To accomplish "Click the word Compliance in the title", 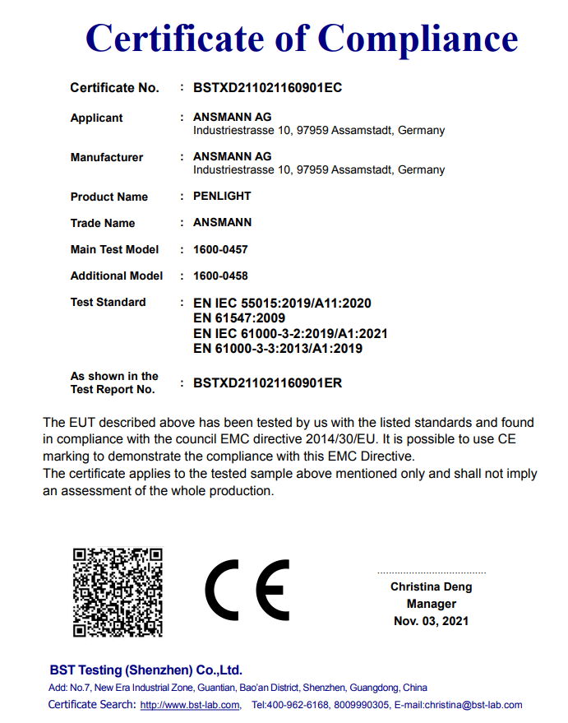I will point(418,38).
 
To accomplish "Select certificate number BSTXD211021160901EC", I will point(267,88).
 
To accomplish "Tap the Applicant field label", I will point(96,118).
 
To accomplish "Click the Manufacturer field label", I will point(106,157).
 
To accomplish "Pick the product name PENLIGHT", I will point(222,197).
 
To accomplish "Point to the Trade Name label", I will point(102,223).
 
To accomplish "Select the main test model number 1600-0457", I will point(220,249).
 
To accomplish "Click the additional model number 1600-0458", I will point(220,276).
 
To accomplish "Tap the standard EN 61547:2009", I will point(238,318).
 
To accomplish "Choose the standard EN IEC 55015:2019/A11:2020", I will point(282,304).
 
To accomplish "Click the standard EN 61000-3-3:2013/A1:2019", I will point(277,348).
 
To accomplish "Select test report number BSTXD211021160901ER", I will point(267,382).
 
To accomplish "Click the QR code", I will point(118,592).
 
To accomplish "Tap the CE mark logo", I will point(247,590).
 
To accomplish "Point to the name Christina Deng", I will point(431,587).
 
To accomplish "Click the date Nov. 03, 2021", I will point(431,621).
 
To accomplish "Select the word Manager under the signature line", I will point(431,604).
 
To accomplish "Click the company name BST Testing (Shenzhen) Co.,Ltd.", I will point(145,670).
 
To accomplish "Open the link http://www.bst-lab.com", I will point(190,705).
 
